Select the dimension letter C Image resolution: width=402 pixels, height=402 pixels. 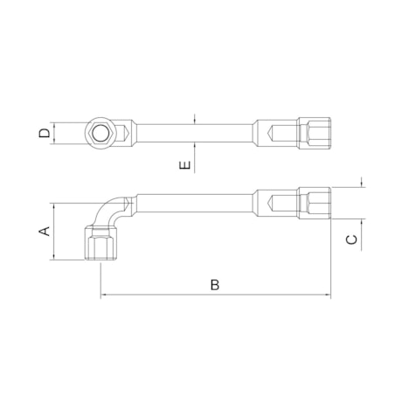[x=351, y=239]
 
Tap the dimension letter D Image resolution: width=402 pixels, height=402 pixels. [x=43, y=134]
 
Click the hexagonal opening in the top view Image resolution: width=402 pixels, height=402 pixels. [x=100, y=134]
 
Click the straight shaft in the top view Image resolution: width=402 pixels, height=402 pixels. [x=192, y=134]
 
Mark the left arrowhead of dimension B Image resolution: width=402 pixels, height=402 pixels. [x=104, y=295]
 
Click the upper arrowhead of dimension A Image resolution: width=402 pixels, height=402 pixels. [x=54, y=208]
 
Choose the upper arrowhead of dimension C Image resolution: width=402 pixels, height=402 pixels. [x=361, y=184]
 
